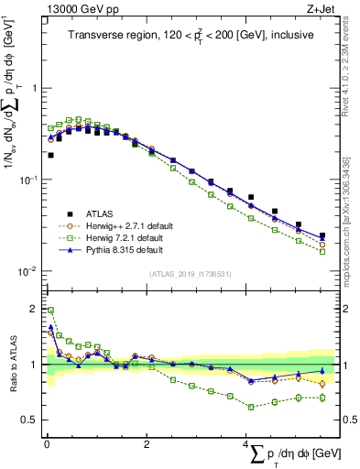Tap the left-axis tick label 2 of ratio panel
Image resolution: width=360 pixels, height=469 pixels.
pos(33,308)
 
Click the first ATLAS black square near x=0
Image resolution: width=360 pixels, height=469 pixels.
pos(50,156)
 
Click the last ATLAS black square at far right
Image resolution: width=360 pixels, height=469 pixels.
pos(322,235)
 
